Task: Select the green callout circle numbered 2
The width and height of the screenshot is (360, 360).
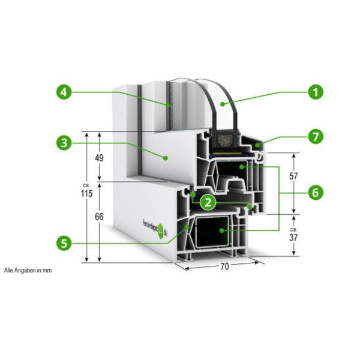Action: click(208, 201)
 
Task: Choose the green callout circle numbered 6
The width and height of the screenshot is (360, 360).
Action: click(315, 193)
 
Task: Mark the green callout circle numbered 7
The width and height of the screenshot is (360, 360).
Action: click(315, 136)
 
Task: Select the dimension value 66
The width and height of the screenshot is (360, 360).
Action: click(100, 217)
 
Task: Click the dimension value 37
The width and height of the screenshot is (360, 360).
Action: click(294, 238)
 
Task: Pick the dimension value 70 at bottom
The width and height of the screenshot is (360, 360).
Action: click(224, 267)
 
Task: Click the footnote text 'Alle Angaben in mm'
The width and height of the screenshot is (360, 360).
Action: click(28, 271)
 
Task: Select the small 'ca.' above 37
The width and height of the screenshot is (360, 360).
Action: click(293, 229)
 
